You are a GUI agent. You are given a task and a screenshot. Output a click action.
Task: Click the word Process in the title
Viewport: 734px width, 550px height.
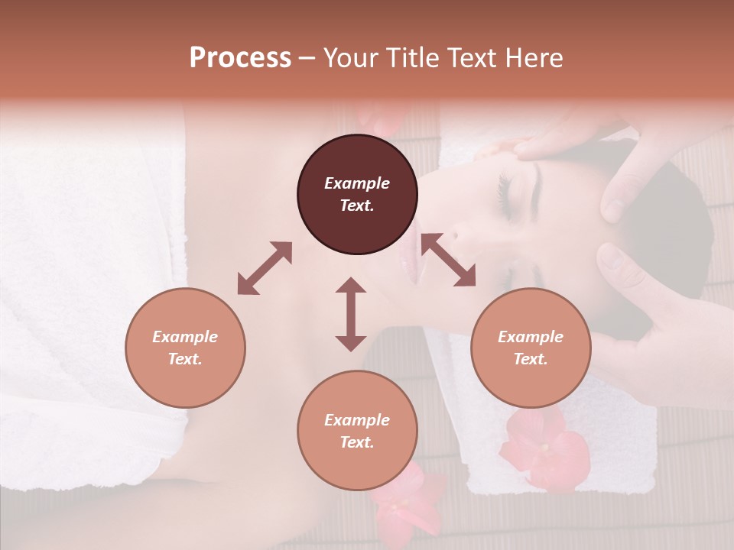click(240, 58)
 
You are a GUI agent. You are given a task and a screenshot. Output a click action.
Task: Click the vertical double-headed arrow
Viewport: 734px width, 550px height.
click(351, 314)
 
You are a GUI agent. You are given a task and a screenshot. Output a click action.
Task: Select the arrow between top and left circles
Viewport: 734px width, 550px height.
click(265, 267)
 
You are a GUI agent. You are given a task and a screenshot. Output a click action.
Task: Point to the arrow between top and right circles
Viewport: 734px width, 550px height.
click(448, 260)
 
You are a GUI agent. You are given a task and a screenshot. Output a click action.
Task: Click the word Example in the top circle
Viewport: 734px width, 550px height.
click(357, 183)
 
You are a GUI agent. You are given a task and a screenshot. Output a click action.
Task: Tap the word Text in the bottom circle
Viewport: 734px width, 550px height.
click(356, 442)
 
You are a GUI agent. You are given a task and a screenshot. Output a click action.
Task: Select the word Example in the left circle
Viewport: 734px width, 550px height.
click(185, 337)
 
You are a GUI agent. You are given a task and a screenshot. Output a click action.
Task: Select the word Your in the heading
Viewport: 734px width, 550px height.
click(349, 58)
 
